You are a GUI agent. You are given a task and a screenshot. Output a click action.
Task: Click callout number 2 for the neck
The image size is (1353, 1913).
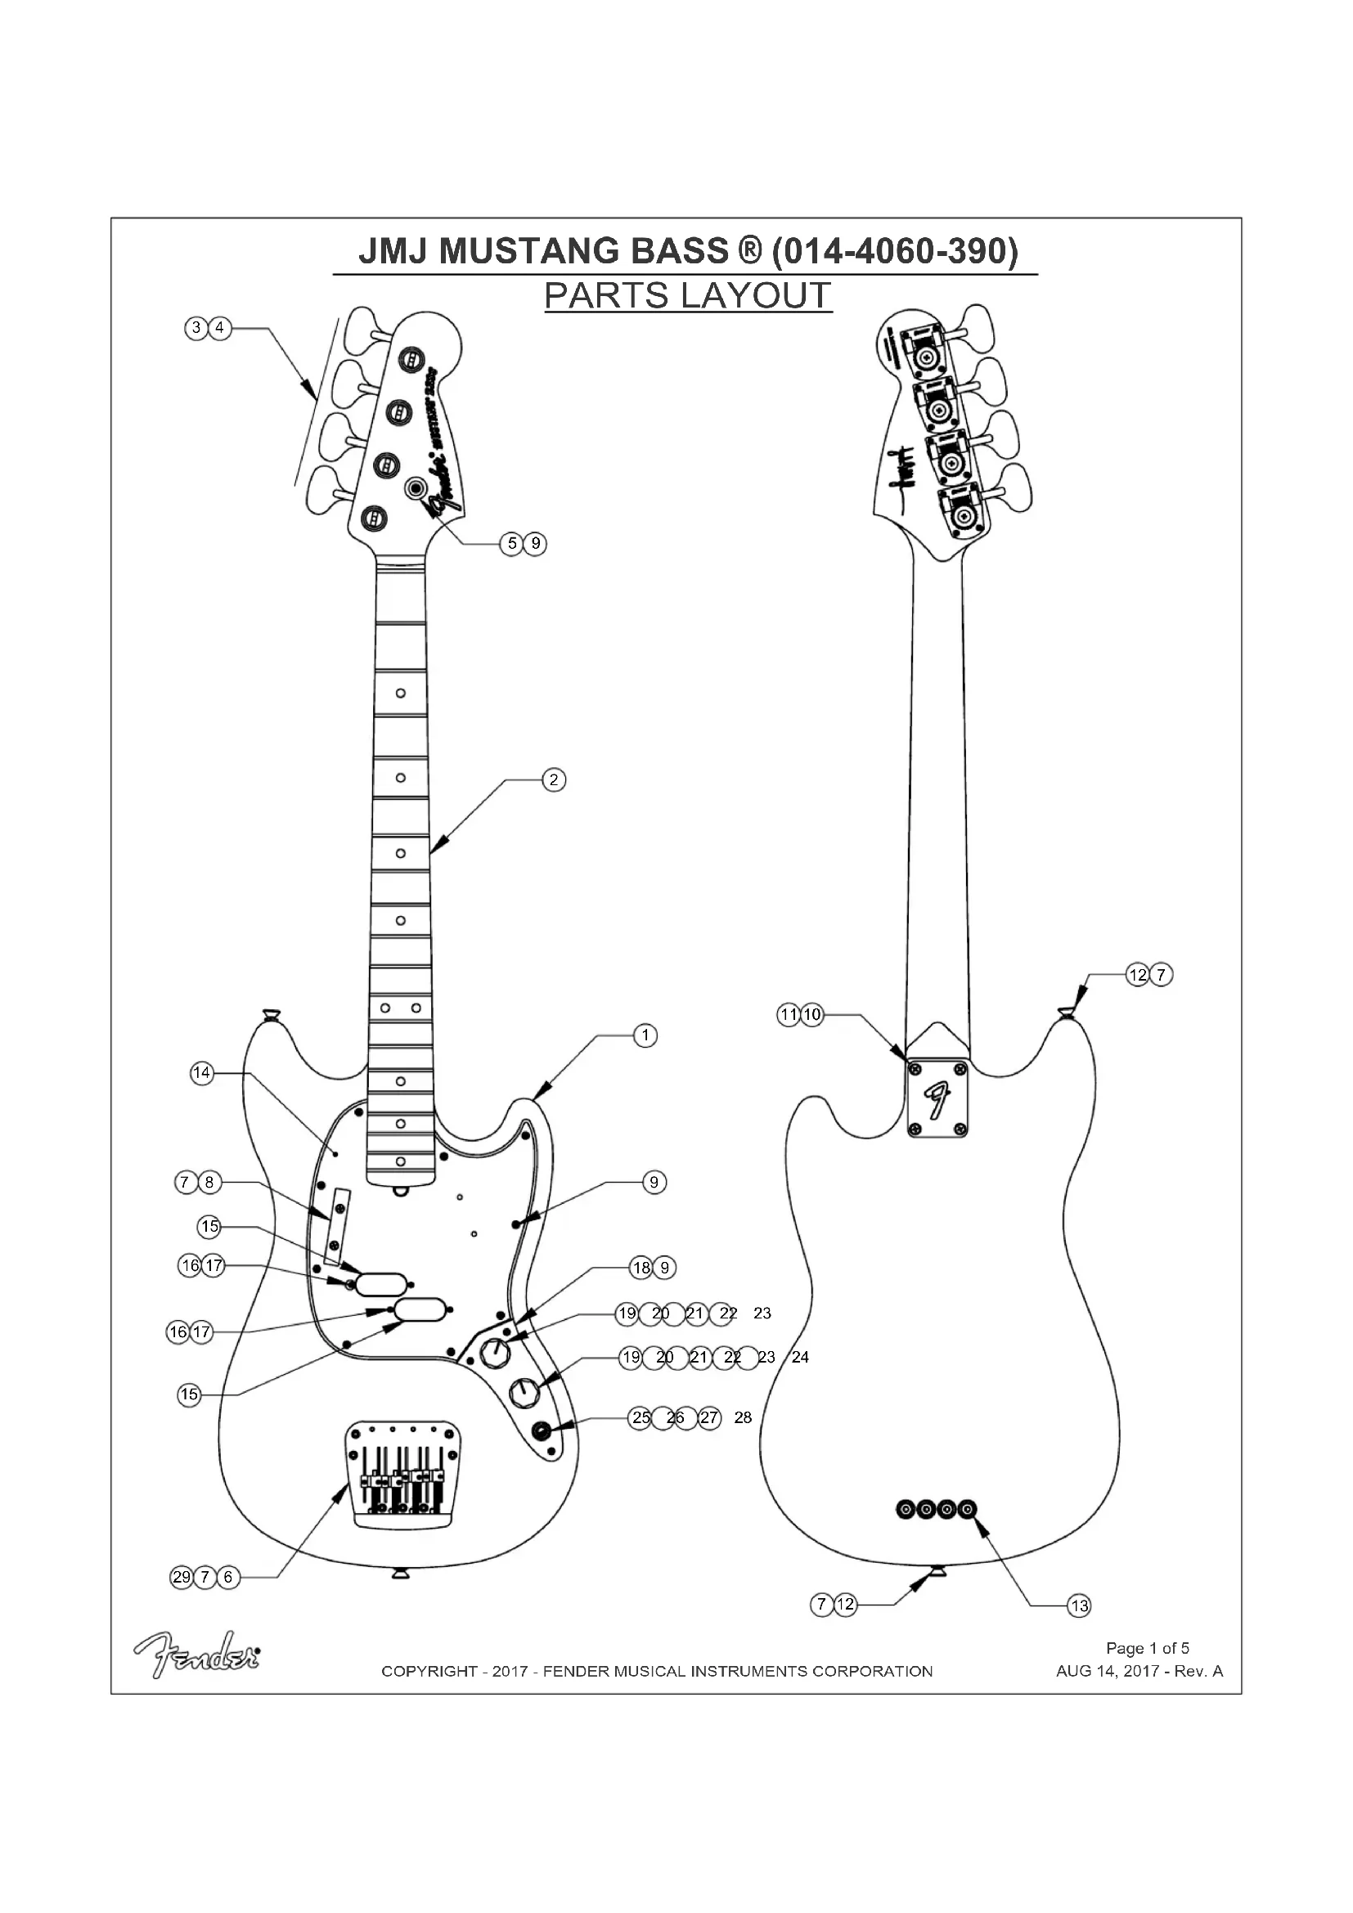(554, 780)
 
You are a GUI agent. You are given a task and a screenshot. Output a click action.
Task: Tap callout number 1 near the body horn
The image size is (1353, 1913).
(645, 1035)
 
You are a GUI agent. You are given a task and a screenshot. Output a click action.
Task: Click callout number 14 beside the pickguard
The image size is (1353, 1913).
(201, 1073)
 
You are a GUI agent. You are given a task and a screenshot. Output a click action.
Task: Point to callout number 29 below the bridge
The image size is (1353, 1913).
(182, 1576)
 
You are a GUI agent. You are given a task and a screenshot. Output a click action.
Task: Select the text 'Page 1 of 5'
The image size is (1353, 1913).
(1147, 1647)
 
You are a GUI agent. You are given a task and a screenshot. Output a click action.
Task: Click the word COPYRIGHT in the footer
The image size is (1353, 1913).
(429, 1671)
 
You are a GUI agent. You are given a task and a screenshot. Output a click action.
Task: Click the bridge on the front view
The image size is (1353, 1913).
(403, 1475)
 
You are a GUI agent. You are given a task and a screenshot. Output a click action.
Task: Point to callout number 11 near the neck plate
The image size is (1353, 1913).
(788, 1015)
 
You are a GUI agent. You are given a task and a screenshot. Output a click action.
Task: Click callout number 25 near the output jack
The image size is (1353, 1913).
(640, 1417)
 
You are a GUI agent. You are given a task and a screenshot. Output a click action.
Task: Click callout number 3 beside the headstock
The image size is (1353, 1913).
(196, 327)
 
